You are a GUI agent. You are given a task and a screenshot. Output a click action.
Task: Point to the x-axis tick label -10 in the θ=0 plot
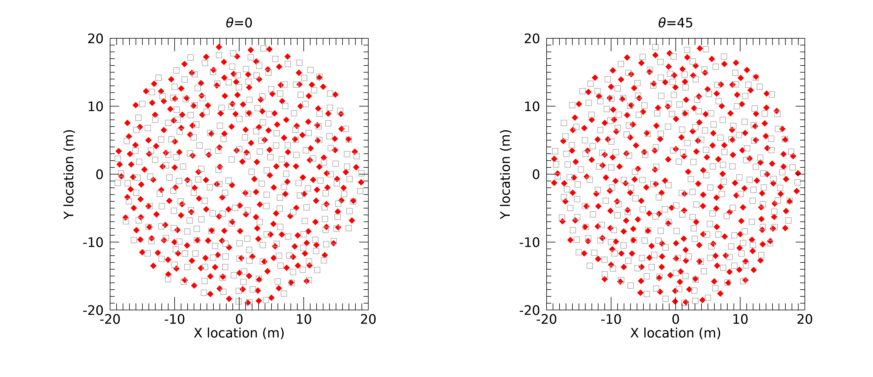tap(175, 319)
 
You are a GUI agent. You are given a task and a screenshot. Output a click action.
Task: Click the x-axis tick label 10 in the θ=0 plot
tap(304, 319)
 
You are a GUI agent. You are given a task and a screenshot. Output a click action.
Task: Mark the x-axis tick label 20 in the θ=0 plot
tap(368, 319)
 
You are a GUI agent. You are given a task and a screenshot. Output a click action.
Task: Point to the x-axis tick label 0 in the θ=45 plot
tap(675, 319)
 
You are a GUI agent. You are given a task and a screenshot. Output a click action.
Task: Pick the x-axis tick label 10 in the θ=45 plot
tap(740, 319)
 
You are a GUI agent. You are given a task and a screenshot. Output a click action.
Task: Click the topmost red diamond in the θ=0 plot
tap(219, 47)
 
